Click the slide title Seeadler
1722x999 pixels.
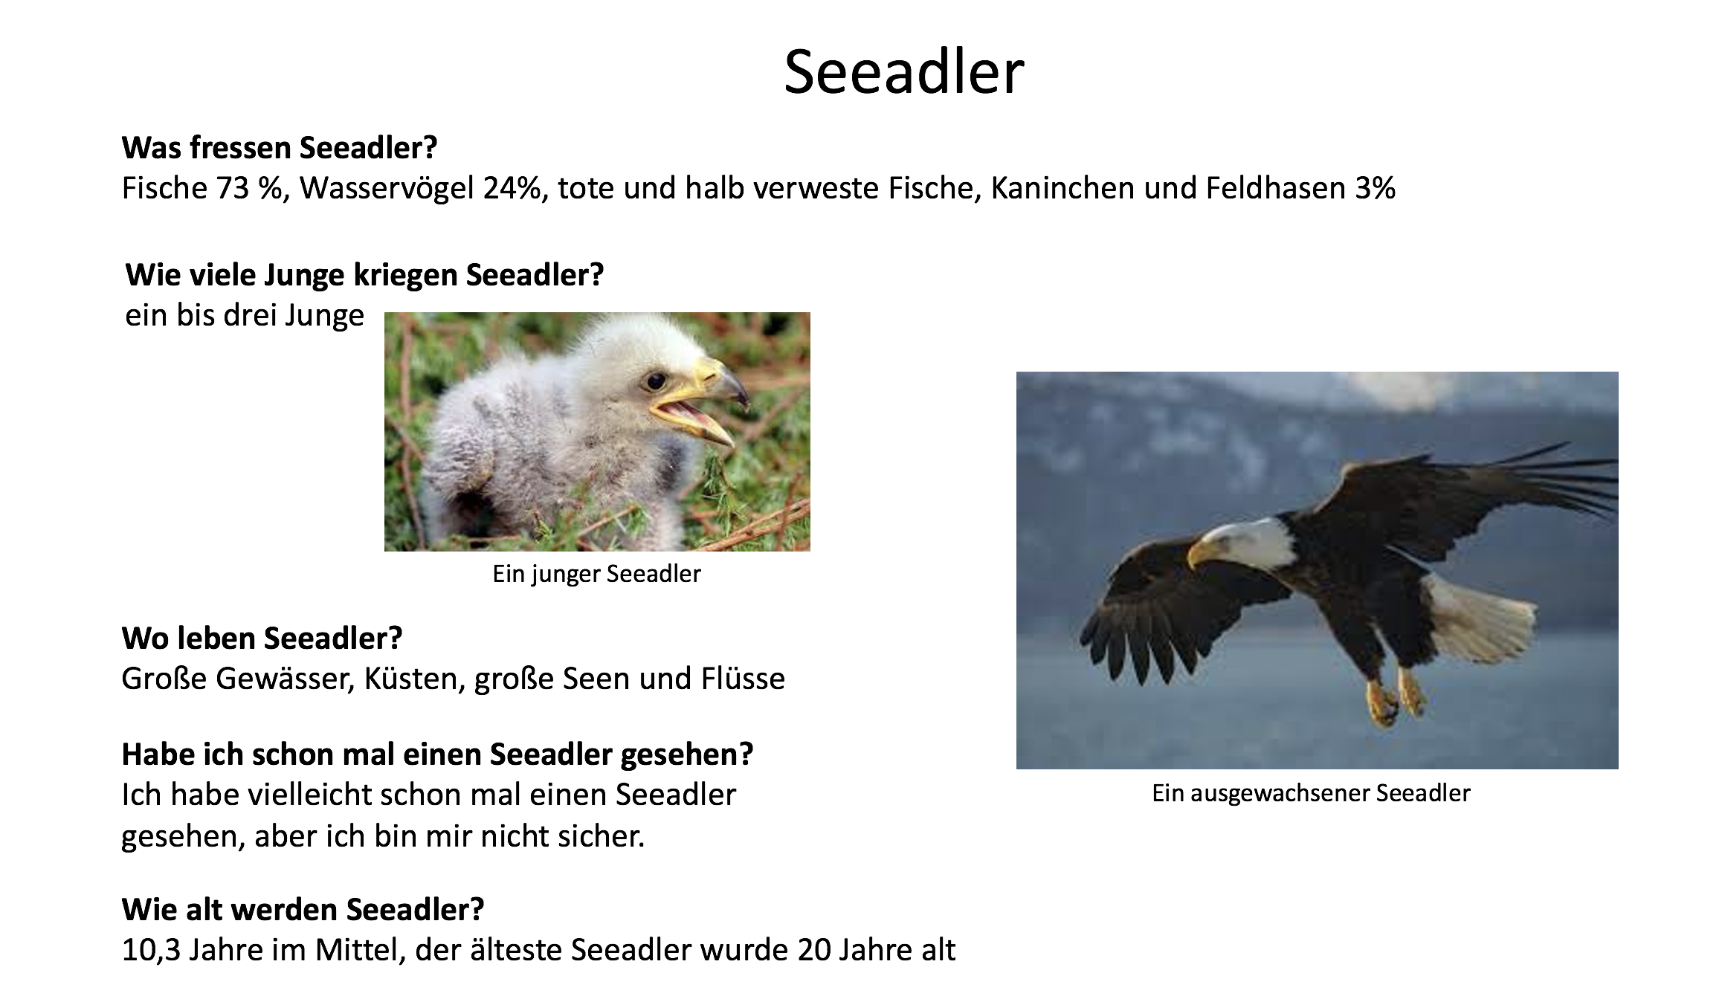coord(904,72)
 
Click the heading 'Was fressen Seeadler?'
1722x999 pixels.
coord(280,148)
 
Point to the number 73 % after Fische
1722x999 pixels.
coord(253,189)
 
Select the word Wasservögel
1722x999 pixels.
coord(387,189)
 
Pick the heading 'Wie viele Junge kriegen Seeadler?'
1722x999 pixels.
coord(364,275)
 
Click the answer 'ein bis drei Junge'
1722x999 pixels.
coord(245,316)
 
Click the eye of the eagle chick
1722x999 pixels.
coord(655,381)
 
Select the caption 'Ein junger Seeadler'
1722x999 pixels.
coord(596,574)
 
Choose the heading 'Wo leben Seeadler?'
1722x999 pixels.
coord(262,638)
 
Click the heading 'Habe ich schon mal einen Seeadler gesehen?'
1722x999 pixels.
coord(437,754)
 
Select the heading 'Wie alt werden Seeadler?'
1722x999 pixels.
coord(303,909)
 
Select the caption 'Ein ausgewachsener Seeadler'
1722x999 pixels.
coord(1311,793)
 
